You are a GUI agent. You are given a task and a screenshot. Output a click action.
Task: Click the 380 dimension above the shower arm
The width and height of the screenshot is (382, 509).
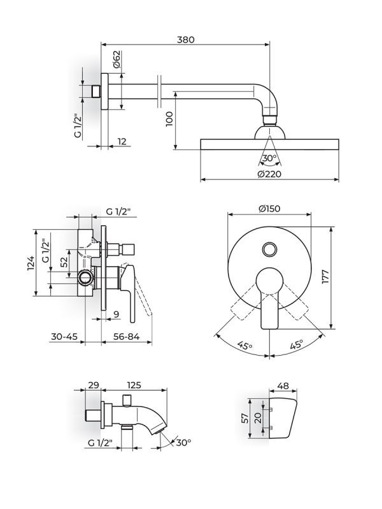click(x=185, y=39)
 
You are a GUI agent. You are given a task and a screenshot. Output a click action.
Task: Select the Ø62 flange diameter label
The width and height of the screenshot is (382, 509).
click(x=117, y=61)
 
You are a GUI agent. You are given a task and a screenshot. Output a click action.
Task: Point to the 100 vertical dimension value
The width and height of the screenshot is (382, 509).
click(x=169, y=118)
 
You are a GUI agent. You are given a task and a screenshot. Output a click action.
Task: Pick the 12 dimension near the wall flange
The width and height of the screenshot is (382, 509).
click(x=122, y=142)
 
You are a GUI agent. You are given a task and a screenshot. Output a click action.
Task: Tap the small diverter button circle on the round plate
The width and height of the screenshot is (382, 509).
click(x=270, y=248)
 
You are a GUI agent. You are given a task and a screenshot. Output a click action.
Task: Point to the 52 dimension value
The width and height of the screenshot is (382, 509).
click(x=64, y=262)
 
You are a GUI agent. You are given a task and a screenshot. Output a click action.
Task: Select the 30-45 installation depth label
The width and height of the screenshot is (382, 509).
click(x=64, y=337)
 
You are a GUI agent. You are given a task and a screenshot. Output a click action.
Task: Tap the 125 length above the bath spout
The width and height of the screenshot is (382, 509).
click(x=134, y=386)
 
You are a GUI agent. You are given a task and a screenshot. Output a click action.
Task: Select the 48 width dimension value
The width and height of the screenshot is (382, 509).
click(x=285, y=386)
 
